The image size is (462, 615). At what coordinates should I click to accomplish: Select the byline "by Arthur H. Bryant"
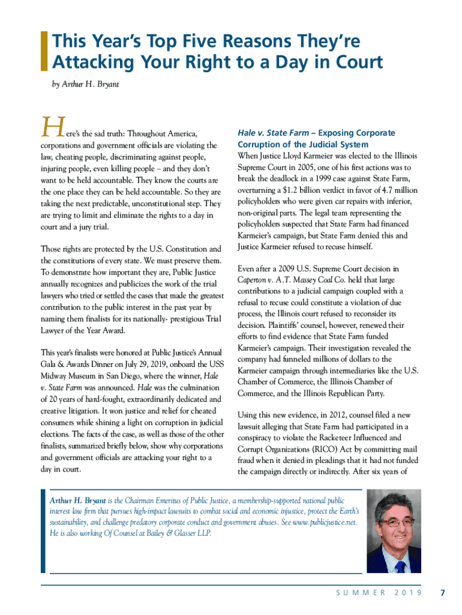tap(86, 84)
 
